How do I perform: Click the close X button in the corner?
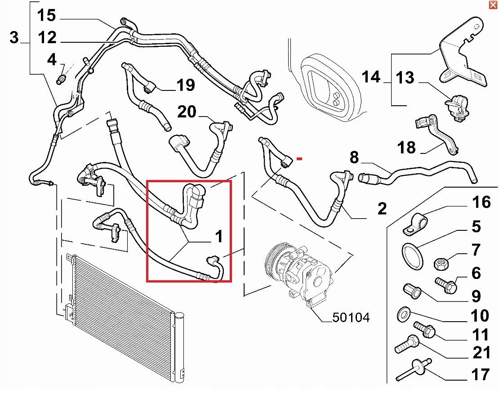(493, 5)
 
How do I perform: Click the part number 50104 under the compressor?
(351, 318)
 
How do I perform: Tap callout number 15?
(46, 16)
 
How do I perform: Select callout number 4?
(52, 60)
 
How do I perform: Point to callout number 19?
(185, 85)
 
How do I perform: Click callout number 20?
(187, 111)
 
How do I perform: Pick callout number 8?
(354, 157)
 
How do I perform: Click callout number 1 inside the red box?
(219, 236)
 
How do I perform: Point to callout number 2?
(382, 209)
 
